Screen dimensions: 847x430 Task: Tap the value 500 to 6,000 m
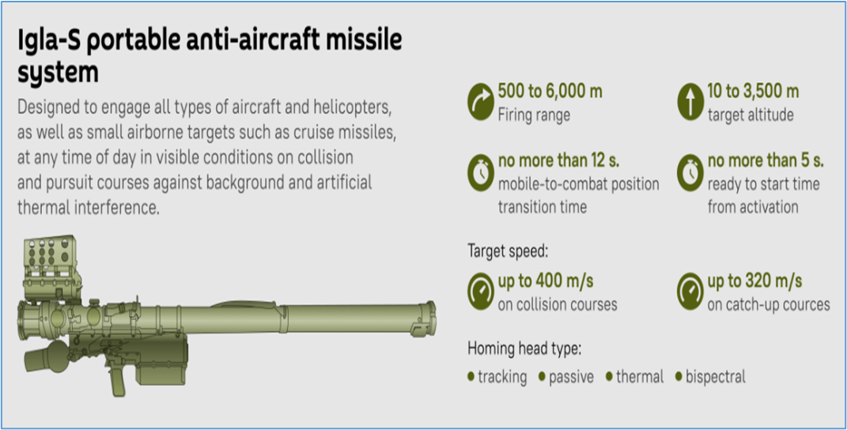point(550,92)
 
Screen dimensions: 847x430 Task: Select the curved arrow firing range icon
point(480,101)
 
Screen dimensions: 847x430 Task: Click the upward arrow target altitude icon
point(690,101)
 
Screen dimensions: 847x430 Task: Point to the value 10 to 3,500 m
point(753,92)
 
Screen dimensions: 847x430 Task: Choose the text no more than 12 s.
point(558,160)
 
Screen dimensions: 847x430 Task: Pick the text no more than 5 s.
point(766,160)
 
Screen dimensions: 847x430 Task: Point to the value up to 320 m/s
point(754,281)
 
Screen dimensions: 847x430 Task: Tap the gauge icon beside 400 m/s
point(480,292)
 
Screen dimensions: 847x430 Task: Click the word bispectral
point(715,376)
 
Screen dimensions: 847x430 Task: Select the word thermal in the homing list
point(640,376)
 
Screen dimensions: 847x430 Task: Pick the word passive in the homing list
point(571,377)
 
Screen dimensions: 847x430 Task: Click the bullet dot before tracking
point(471,376)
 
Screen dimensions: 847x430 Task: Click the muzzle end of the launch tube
point(430,319)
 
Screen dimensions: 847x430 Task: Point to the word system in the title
point(59,73)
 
